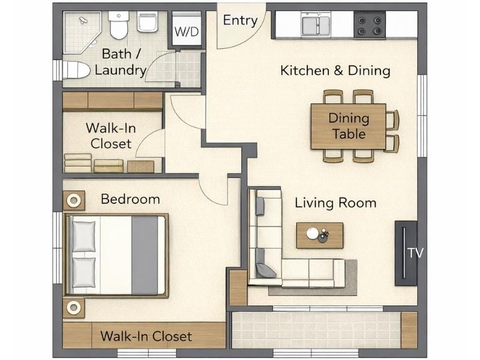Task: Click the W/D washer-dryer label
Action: click(187, 31)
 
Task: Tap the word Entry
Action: click(240, 20)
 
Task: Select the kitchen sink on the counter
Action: click(316, 25)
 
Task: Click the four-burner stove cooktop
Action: click(369, 25)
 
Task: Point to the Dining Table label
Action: click(349, 126)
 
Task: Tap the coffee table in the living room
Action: click(320, 235)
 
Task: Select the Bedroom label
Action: click(130, 199)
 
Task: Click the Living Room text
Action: click(335, 203)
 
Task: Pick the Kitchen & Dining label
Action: click(335, 71)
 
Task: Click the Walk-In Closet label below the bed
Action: click(146, 336)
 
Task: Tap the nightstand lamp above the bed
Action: click(74, 200)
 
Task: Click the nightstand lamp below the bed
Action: click(74, 308)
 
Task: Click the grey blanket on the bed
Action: click(145, 255)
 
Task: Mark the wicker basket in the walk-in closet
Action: click(140, 166)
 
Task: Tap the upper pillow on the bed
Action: click(84, 236)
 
